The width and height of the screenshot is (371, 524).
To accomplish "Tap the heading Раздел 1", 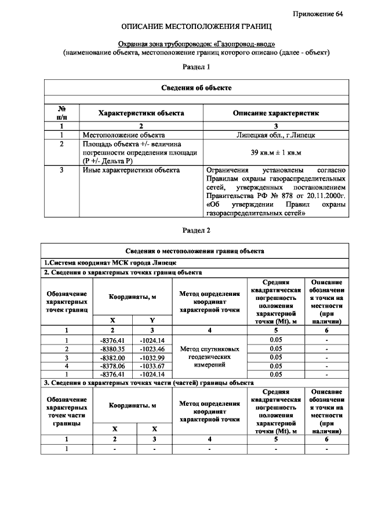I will [197, 67].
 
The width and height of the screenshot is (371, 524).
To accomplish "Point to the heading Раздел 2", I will [197, 230].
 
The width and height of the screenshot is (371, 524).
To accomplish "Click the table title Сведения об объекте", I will [197, 87].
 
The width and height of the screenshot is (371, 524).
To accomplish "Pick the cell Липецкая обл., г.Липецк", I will [275, 134].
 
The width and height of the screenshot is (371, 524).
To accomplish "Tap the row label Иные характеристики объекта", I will [130, 170].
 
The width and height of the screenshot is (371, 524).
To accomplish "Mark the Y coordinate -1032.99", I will [152, 357].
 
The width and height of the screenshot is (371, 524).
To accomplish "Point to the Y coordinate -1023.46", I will [152, 349].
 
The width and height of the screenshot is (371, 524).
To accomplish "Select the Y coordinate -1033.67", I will [152, 366].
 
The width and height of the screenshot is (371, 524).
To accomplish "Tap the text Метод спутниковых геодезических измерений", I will [209, 357].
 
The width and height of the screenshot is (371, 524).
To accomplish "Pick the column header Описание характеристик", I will [275, 113].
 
